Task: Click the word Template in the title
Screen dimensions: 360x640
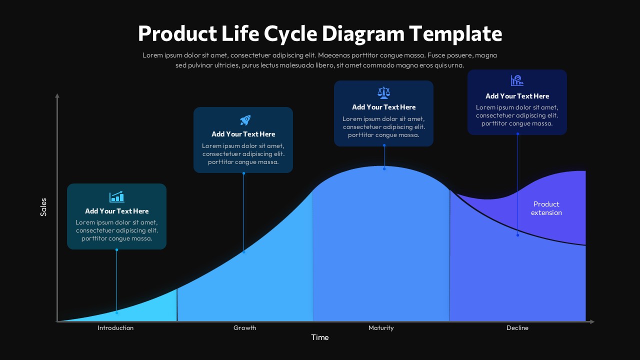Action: [x=455, y=34]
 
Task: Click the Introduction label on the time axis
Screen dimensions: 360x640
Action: [x=115, y=328]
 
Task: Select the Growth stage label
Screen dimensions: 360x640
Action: [x=244, y=328]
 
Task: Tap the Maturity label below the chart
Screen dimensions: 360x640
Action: [x=381, y=328]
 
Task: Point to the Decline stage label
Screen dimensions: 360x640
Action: [x=517, y=328]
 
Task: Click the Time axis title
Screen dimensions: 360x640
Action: [x=320, y=337]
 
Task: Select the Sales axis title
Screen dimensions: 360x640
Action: [x=43, y=207]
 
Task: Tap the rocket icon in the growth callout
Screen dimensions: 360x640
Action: [x=245, y=120]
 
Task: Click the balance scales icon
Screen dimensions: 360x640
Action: [x=383, y=92]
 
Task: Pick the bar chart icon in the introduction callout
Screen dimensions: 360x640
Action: [x=116, y=196]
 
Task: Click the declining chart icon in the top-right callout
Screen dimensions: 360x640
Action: [x=517, y=80]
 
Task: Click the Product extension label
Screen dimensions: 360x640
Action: [x=546, y=208]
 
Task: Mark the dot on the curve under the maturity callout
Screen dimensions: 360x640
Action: [x=384, y=169]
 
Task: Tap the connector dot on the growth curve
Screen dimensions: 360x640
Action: [x=243, y=252]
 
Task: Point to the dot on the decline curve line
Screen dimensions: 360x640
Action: [x=517, y=235]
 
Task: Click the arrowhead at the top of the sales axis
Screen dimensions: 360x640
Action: [x=57, y=95]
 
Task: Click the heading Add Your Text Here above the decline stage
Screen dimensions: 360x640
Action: [x=517, y=96]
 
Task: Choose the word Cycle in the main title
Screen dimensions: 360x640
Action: [x=290, y=34]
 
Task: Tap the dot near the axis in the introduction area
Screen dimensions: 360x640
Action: [x=116, y=312]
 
